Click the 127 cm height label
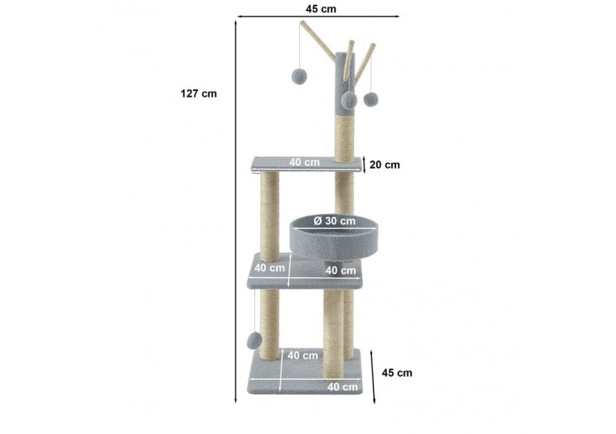tap(198, 94)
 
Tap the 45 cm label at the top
tap(321, 9)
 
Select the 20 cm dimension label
tap(384, 165)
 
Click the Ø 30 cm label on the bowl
tap(335, 221)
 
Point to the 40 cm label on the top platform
tap(304, 162)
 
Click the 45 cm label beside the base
tap(397, 373)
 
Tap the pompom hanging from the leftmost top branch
tap(300, 76)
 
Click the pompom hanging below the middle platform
tap(254, 340)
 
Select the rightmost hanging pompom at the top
tap(370, 99)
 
